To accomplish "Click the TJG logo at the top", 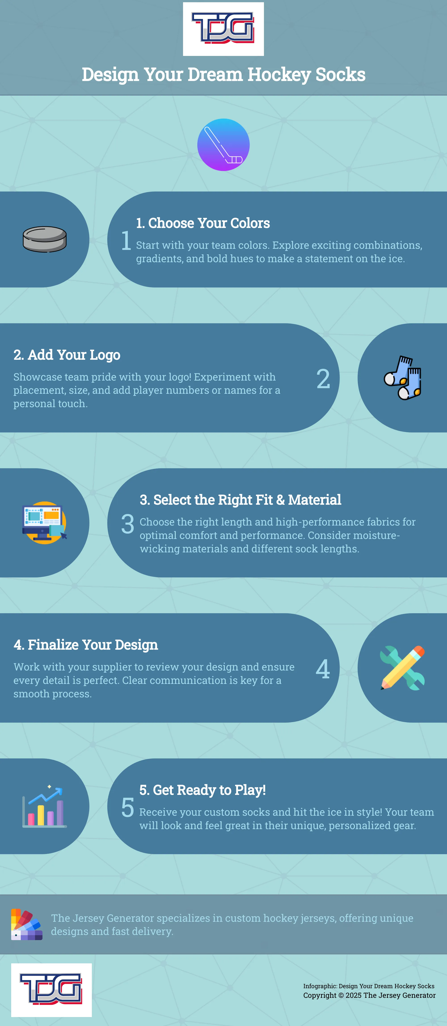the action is click(x=223, y=29).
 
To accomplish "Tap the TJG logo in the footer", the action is click(x=51, y=990).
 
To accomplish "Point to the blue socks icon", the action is click(x=403, y=378).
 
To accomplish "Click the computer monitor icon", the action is click(x=44, y=523).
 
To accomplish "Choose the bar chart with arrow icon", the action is click(x=44, y=806).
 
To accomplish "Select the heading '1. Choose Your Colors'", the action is click(x=203, y=223).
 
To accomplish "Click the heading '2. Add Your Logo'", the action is click(x=67, y=354).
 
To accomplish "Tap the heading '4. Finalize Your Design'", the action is click(x=86, y=644).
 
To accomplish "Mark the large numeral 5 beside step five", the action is click(x=128, y=807).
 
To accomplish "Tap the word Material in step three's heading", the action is click(x=314, y=499).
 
